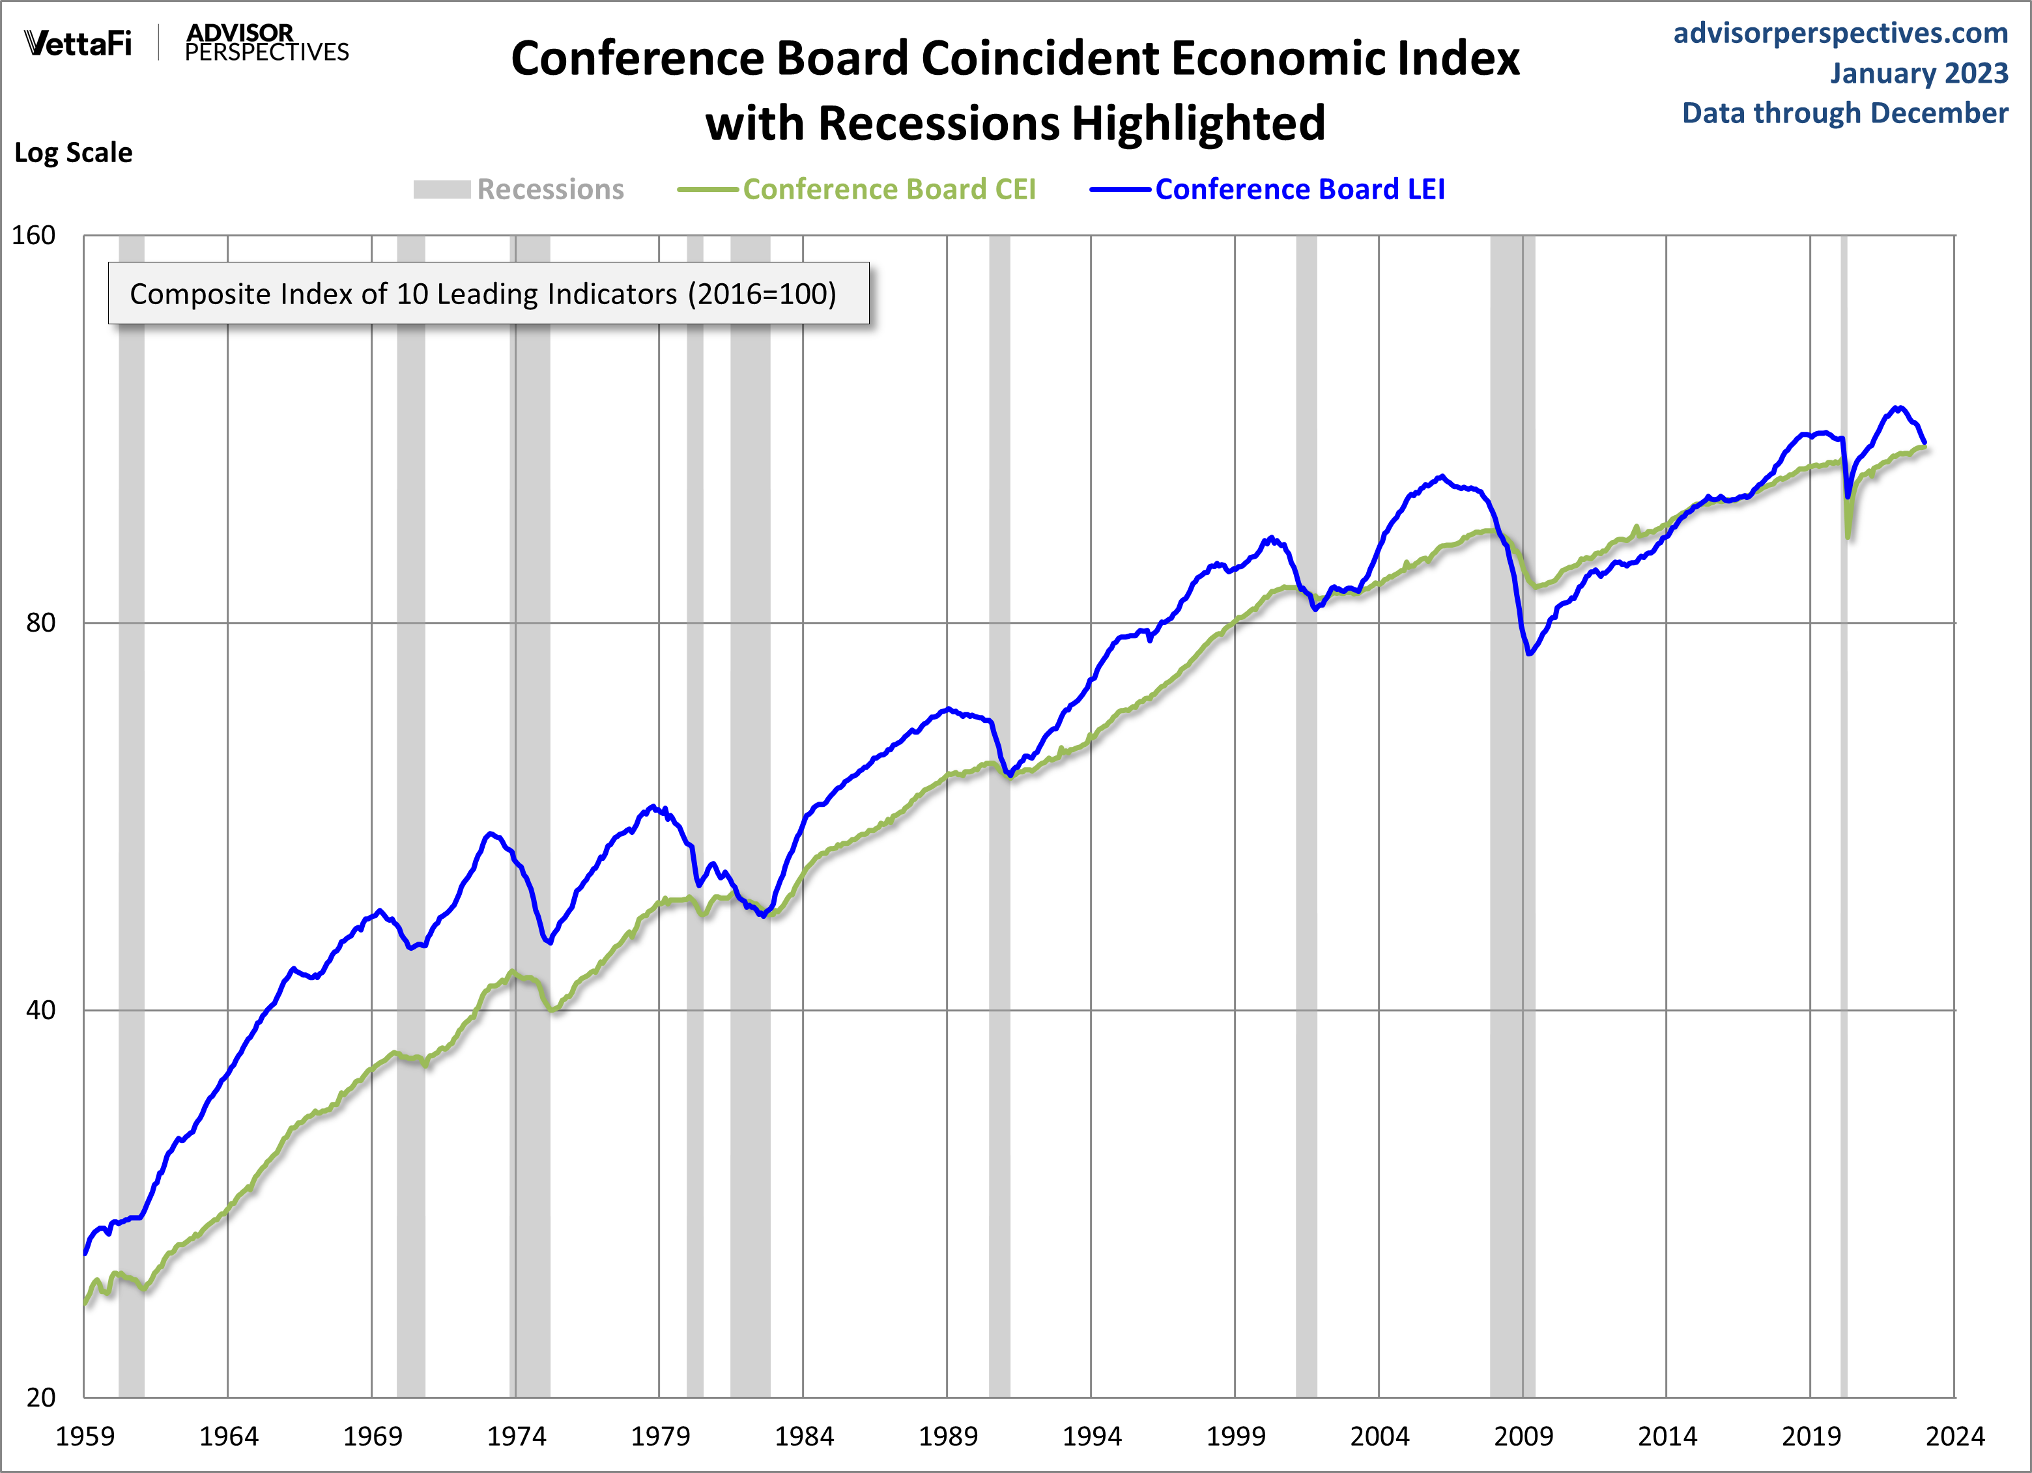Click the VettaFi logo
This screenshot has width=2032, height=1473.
pos(78,43)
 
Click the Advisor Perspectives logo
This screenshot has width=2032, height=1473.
pos(266,43)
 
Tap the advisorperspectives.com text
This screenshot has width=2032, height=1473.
pos(1840,33)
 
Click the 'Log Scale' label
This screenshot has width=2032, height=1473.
pos(74,152)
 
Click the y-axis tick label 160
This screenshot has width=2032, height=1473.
pos(33,236)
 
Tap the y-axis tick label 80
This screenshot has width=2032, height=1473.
pos(40,623)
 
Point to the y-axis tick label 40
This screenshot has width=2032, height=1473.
pos(40,1010)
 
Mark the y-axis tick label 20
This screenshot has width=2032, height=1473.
pos(40,1397)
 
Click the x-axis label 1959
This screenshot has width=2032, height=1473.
pos(85,1437)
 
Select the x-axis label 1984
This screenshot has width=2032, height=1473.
pos(804,1437)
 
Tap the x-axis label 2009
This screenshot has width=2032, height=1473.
pos(1523,1437)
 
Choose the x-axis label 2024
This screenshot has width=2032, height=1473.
pos(1955,1437)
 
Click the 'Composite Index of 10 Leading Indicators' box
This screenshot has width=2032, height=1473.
pos(488,293)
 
